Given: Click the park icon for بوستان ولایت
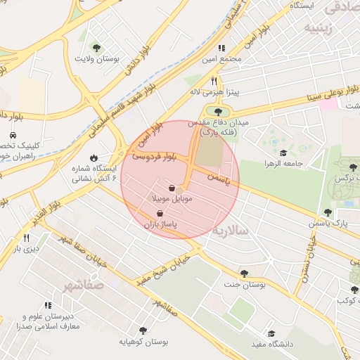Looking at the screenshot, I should [96, 48].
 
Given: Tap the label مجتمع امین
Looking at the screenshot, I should [221, 59].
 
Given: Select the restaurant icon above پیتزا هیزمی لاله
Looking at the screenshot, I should [214, 81].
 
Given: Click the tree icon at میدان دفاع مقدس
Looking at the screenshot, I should [217, 111].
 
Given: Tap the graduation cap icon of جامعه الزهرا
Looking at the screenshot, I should [283, 153].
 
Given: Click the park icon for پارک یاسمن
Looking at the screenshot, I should [328, 212].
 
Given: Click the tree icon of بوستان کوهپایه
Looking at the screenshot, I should [143, 330].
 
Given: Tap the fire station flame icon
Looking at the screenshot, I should [94, 158].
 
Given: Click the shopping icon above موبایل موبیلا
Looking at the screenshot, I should [172, 188].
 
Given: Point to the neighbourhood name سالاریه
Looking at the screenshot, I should [231, 231].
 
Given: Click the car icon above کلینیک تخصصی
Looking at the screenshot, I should [13, 134].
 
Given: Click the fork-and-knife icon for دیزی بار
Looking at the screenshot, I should [26, 238].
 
